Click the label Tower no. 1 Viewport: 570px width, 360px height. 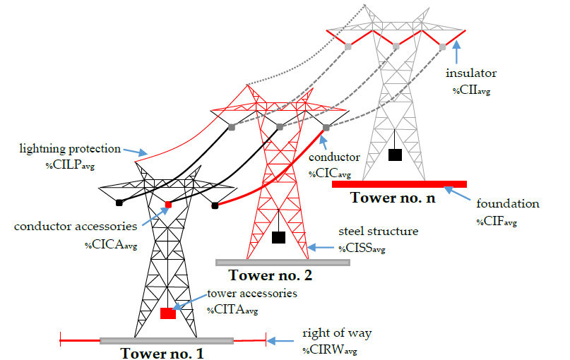[x=162, y=353]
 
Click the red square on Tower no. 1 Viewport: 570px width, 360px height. [x=167, y=313]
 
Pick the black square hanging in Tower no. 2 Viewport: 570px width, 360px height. [x=278, y=238]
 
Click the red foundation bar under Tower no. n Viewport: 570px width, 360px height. [x=399, y=184]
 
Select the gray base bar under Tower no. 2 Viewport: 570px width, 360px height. [x=283, y=263]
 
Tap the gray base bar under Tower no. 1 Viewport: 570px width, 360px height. [x=167, y=341]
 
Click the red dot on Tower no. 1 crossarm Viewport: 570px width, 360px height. [x=168, y=205]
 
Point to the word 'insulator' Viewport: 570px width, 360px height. [x=470, y=73]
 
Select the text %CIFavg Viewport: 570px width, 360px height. [x=497, y=221]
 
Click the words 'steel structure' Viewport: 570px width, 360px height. [x=378, y=231]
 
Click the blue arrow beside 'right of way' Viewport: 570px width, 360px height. [x=283, y=342]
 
